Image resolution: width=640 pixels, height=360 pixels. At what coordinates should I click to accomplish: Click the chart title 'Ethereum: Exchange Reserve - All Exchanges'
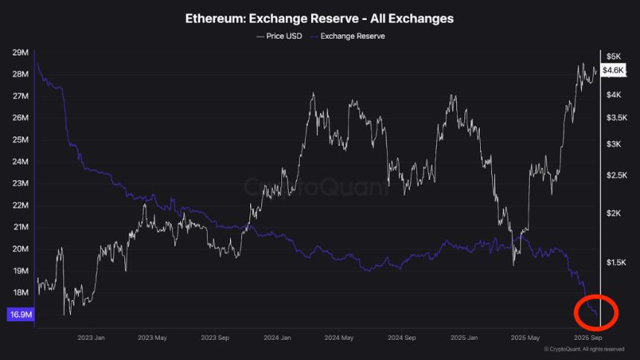tap(319, 18)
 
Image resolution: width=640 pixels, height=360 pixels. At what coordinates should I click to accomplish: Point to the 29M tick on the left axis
tap(20, 53)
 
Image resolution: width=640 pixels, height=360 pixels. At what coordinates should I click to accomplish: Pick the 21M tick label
tap(20, 227)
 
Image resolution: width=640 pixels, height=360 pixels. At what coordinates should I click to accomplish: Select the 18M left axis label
tap(20, 292)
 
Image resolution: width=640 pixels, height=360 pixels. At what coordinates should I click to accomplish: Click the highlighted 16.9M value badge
tap(20, 315)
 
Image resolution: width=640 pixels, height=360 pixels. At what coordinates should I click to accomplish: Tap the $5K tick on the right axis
tap(613, 57)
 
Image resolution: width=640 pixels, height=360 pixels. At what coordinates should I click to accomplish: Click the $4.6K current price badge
tap(613, 70)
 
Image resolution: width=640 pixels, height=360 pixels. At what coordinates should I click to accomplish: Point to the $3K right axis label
tap(613, 144)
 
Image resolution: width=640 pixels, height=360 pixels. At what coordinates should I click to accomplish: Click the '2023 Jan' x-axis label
tap(90, 337)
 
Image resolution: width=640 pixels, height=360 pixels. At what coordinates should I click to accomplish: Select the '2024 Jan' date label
tap(276, 337)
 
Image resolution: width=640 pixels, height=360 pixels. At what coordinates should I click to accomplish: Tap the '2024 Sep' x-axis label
tap(401, 337)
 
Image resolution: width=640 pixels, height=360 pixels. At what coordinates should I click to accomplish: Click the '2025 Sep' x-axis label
tap(587, 337)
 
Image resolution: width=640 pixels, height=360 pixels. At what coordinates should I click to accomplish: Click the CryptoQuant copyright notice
tap(583, 349)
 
